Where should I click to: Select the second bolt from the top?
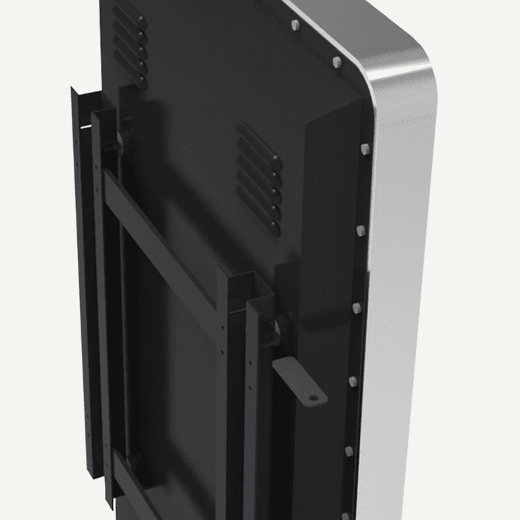point(337,62)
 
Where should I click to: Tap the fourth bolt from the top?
point(360,231)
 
